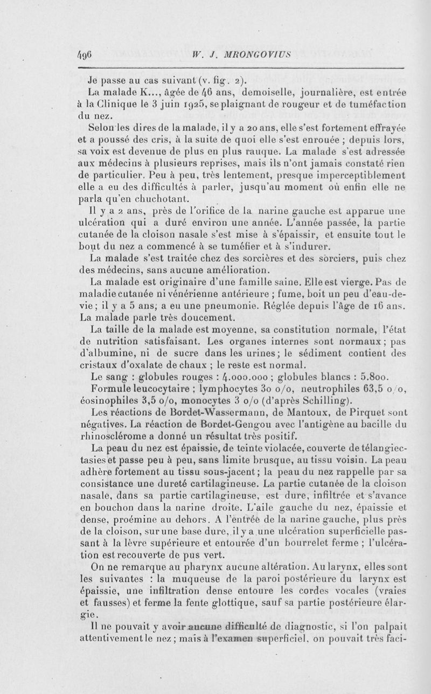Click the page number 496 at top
coord(86,54)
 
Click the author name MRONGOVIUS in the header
coord(242,54)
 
